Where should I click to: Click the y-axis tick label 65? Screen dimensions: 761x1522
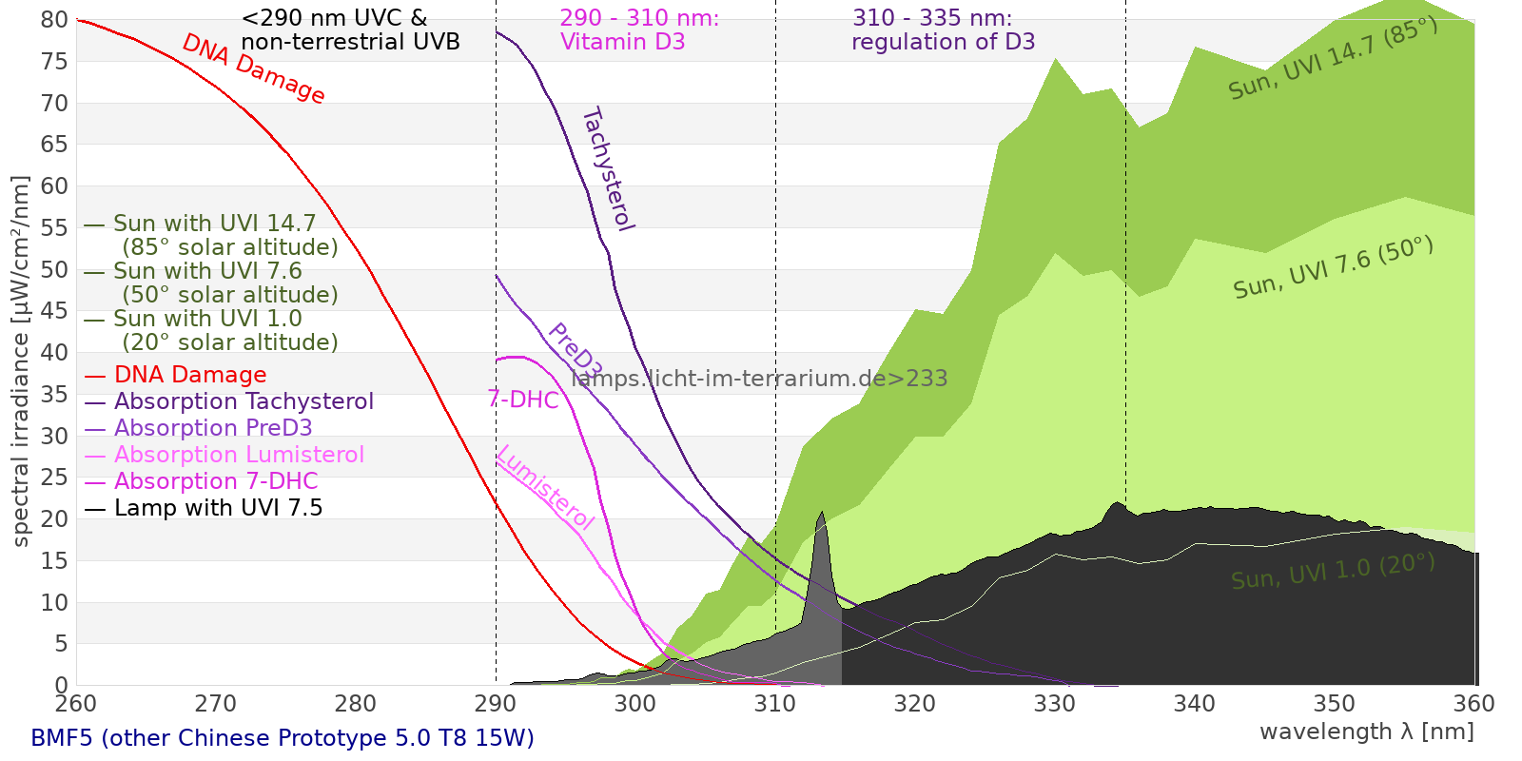pyautogui.click(x=54, y=145)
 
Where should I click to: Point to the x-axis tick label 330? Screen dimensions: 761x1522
pyautogui.click(x=1054, y=704)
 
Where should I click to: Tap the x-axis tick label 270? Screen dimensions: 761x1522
pyautogui.click(x=215, y=704)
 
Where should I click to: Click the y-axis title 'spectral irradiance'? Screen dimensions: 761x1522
pyautogui.click(x=21, y=361)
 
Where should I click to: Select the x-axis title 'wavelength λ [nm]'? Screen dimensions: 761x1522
pyautogui.click(x=1366, y=732)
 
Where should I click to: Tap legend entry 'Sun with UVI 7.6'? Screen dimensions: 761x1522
pyautogui.click(x=207, y=271)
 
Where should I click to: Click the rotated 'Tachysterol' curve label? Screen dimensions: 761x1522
pyautogui.click(x=607, y=169)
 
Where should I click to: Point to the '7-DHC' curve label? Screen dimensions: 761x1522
pyautogui.click(x=523, y=400)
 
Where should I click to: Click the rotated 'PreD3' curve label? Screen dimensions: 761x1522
pyautogui.click(x=575, y=351)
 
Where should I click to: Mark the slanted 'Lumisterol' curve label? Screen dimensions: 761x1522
pyautogui.click(x=545, y=487)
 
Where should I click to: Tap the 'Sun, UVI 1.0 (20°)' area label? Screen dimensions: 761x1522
pyautogui.click(x=1332, y=572)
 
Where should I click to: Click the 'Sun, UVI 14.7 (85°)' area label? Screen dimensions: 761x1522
pyautogui.click(x=1332, y=59)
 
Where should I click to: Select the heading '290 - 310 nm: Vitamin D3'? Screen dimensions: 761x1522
pyautogui.click(x=638, y=30)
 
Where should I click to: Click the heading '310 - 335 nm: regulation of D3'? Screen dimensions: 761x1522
pyautogui.click(x=942, y=30)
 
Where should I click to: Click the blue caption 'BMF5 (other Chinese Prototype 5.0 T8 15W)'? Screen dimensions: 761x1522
pyautogui.click(x=283, y=738)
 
